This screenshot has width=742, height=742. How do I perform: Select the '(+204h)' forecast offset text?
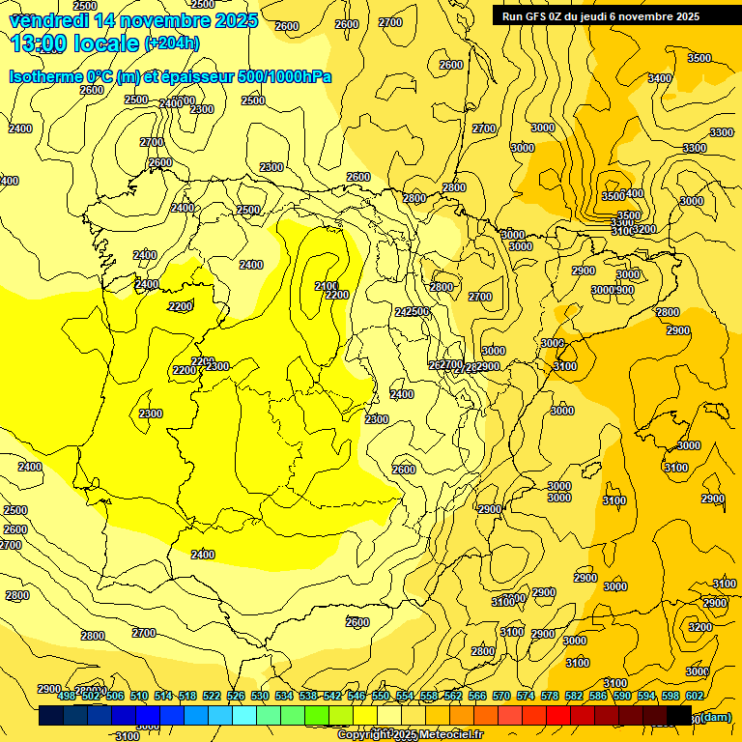[171, 43]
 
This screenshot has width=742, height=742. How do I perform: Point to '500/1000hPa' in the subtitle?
[284, 76]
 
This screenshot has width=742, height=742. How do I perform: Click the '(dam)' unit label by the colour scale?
[715, 716]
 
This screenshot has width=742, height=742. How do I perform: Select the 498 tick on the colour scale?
[67, 696]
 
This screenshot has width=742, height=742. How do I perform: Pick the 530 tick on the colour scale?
[260, 696]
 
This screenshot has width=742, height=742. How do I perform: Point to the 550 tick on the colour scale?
[381, 696]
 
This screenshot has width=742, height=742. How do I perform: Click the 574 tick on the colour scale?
[526, 696]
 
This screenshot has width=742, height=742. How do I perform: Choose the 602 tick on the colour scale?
[695, 696]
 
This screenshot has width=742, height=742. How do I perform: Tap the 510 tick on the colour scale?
[139, 696]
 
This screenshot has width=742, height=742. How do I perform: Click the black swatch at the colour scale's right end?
[680, 716]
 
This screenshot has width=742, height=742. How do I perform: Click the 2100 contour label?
[327, 286]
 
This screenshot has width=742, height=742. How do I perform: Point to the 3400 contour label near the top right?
[660, 78]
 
